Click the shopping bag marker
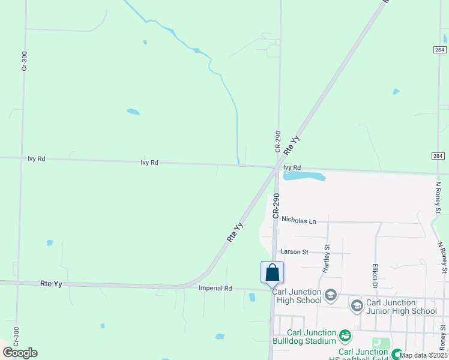pos(272,272)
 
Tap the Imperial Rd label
pos(215,289)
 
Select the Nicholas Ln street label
pos(298,221)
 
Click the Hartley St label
pos(327,259)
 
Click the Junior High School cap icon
pos(357,307)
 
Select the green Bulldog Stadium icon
pos(345,335)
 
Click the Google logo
pos(20,353)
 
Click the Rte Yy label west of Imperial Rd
pos(52,283)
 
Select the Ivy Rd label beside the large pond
pos(291,168)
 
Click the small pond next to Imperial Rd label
pos(252,297)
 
